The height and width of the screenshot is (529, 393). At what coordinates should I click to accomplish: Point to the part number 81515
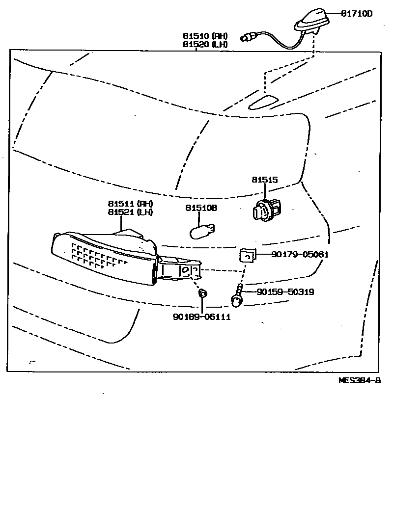tap(265, 180)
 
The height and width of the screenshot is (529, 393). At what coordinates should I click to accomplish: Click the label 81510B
tap(201, 208)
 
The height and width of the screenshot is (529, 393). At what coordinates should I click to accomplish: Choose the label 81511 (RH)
tap(131, 204)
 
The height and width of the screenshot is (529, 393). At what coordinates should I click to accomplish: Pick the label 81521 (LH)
tap(131, 212)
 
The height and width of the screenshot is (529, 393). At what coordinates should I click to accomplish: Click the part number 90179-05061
tap(300, 254)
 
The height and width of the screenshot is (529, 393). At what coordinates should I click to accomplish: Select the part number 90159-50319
tap(285, 292)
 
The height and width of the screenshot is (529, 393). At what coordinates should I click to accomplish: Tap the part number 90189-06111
tap(201, 317)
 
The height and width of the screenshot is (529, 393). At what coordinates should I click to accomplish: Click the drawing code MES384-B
tap(360, 380)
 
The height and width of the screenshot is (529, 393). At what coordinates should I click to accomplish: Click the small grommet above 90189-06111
tap(202, 293)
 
